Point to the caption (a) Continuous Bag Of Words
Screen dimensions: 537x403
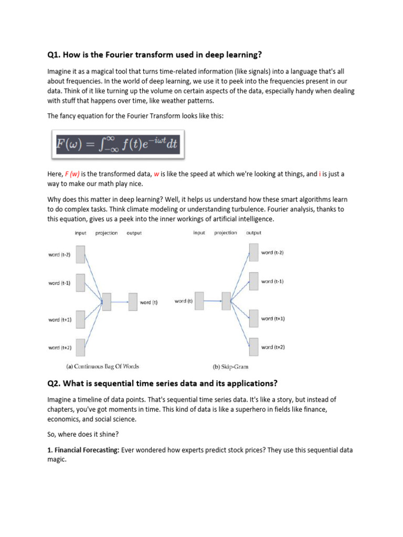101,366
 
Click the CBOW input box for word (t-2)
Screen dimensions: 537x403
80,255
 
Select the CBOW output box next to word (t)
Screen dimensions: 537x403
133,302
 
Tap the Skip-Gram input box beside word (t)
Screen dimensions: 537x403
199,300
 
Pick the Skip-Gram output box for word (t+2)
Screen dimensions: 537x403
253,347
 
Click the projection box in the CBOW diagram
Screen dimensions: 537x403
107,302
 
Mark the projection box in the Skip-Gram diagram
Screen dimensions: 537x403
226,300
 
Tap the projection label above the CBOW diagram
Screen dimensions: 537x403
107,233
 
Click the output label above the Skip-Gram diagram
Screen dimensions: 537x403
253,233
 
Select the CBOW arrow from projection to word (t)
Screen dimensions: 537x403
120,302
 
